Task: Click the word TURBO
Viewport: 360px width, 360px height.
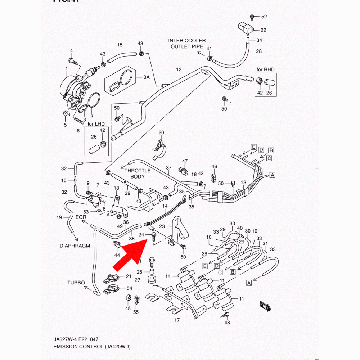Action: [76, 283]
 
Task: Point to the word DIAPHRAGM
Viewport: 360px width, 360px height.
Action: [75, 246]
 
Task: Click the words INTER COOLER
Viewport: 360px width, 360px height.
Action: [187, 40]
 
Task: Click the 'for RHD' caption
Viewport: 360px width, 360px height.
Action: [266, 69]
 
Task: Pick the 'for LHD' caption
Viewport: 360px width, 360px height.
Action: [96, 124]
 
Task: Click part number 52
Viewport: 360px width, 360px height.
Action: [264, 17]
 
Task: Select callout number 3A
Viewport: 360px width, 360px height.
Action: [147, 77]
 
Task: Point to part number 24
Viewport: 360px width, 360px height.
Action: [142, 234]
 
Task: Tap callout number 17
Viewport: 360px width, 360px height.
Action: [177, 320]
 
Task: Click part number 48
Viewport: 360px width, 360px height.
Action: [227, 323]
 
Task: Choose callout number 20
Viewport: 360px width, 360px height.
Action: [161, 132]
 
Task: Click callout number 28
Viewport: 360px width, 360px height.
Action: [258, 51]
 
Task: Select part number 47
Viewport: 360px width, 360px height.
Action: [185, 161]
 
